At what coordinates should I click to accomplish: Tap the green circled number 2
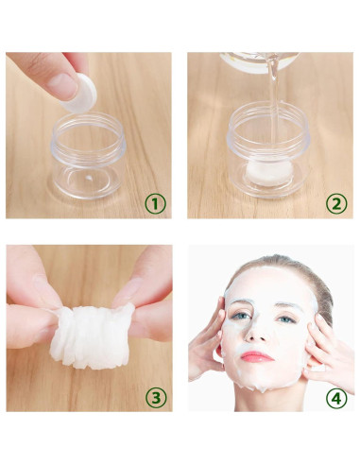point(335,201)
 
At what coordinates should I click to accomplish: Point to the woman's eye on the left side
point(238,317)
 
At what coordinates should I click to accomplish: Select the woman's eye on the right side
point(283,318)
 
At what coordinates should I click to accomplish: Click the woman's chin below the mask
point(259,380)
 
